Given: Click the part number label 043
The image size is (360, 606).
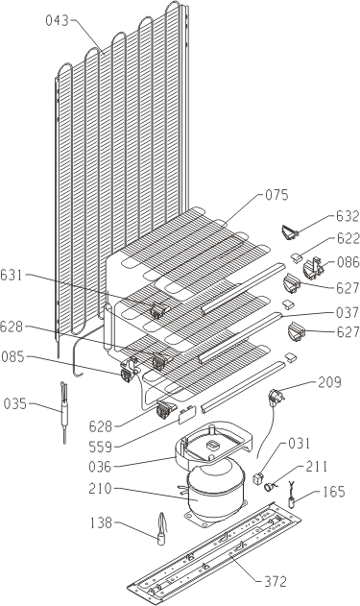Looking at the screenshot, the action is pos(58,20).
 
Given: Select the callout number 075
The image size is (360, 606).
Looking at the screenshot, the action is pos(276,195).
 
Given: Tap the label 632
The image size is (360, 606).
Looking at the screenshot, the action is pos(348,216).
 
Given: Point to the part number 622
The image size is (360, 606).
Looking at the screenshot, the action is pos(348,239).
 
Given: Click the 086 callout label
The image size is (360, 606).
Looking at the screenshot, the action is pos(348,263).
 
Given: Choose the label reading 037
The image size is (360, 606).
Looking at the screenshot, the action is pos(348,313).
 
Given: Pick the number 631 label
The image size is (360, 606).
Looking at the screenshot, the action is pos(12,276).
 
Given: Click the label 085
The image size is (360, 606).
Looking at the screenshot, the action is pos(13,356).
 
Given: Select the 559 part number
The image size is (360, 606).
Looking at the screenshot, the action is pos(101,448).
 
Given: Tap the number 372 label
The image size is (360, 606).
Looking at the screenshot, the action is pos(275,581).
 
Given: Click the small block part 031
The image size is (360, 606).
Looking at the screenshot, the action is pos(257,478).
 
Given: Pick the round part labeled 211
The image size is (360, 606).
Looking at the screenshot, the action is pos(268,486).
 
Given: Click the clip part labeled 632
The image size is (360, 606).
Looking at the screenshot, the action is pos(290,233).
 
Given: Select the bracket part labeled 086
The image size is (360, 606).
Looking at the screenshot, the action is pos(313,268).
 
